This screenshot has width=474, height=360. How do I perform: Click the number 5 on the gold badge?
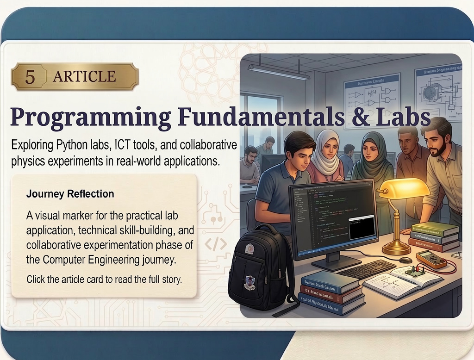point(30,76)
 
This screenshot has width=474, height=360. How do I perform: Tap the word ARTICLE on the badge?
point(84,76)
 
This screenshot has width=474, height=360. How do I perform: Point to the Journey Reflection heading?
point(70,194)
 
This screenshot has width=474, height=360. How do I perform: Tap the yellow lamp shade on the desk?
point(404,188)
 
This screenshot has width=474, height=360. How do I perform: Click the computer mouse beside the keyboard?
point(405,260)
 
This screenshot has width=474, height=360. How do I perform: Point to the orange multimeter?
point(431,260)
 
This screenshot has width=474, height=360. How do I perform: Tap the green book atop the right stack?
point(434,229)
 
